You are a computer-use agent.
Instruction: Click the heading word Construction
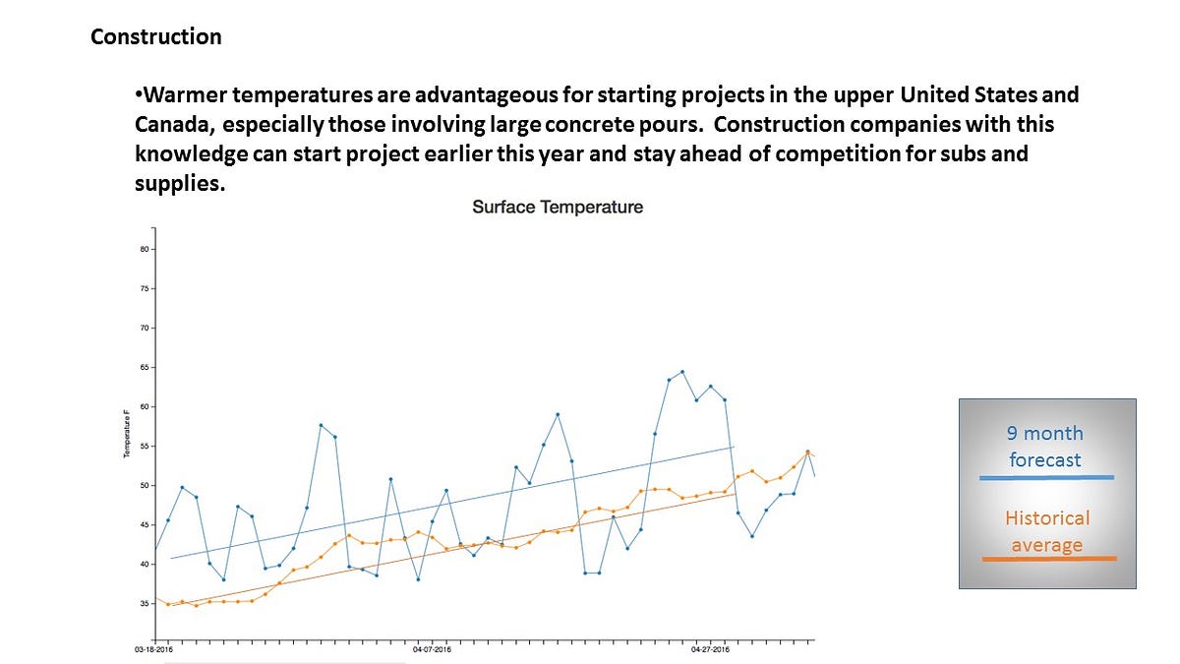tap(155, 37)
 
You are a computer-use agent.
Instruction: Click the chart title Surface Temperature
tap(558, 208)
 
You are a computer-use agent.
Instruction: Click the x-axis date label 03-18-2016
tap(154, 650)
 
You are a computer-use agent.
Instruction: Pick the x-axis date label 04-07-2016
tap(432, 650)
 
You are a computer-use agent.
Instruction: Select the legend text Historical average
tap(1047, 531)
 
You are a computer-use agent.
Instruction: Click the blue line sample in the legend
tap(1046, 478)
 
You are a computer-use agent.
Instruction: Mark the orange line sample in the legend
tap(1049, 559)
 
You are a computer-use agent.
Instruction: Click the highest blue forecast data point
tap(682, 372)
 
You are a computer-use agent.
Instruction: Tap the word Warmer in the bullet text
tap(182, 96)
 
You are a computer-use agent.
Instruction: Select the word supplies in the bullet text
tap(172, 184)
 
